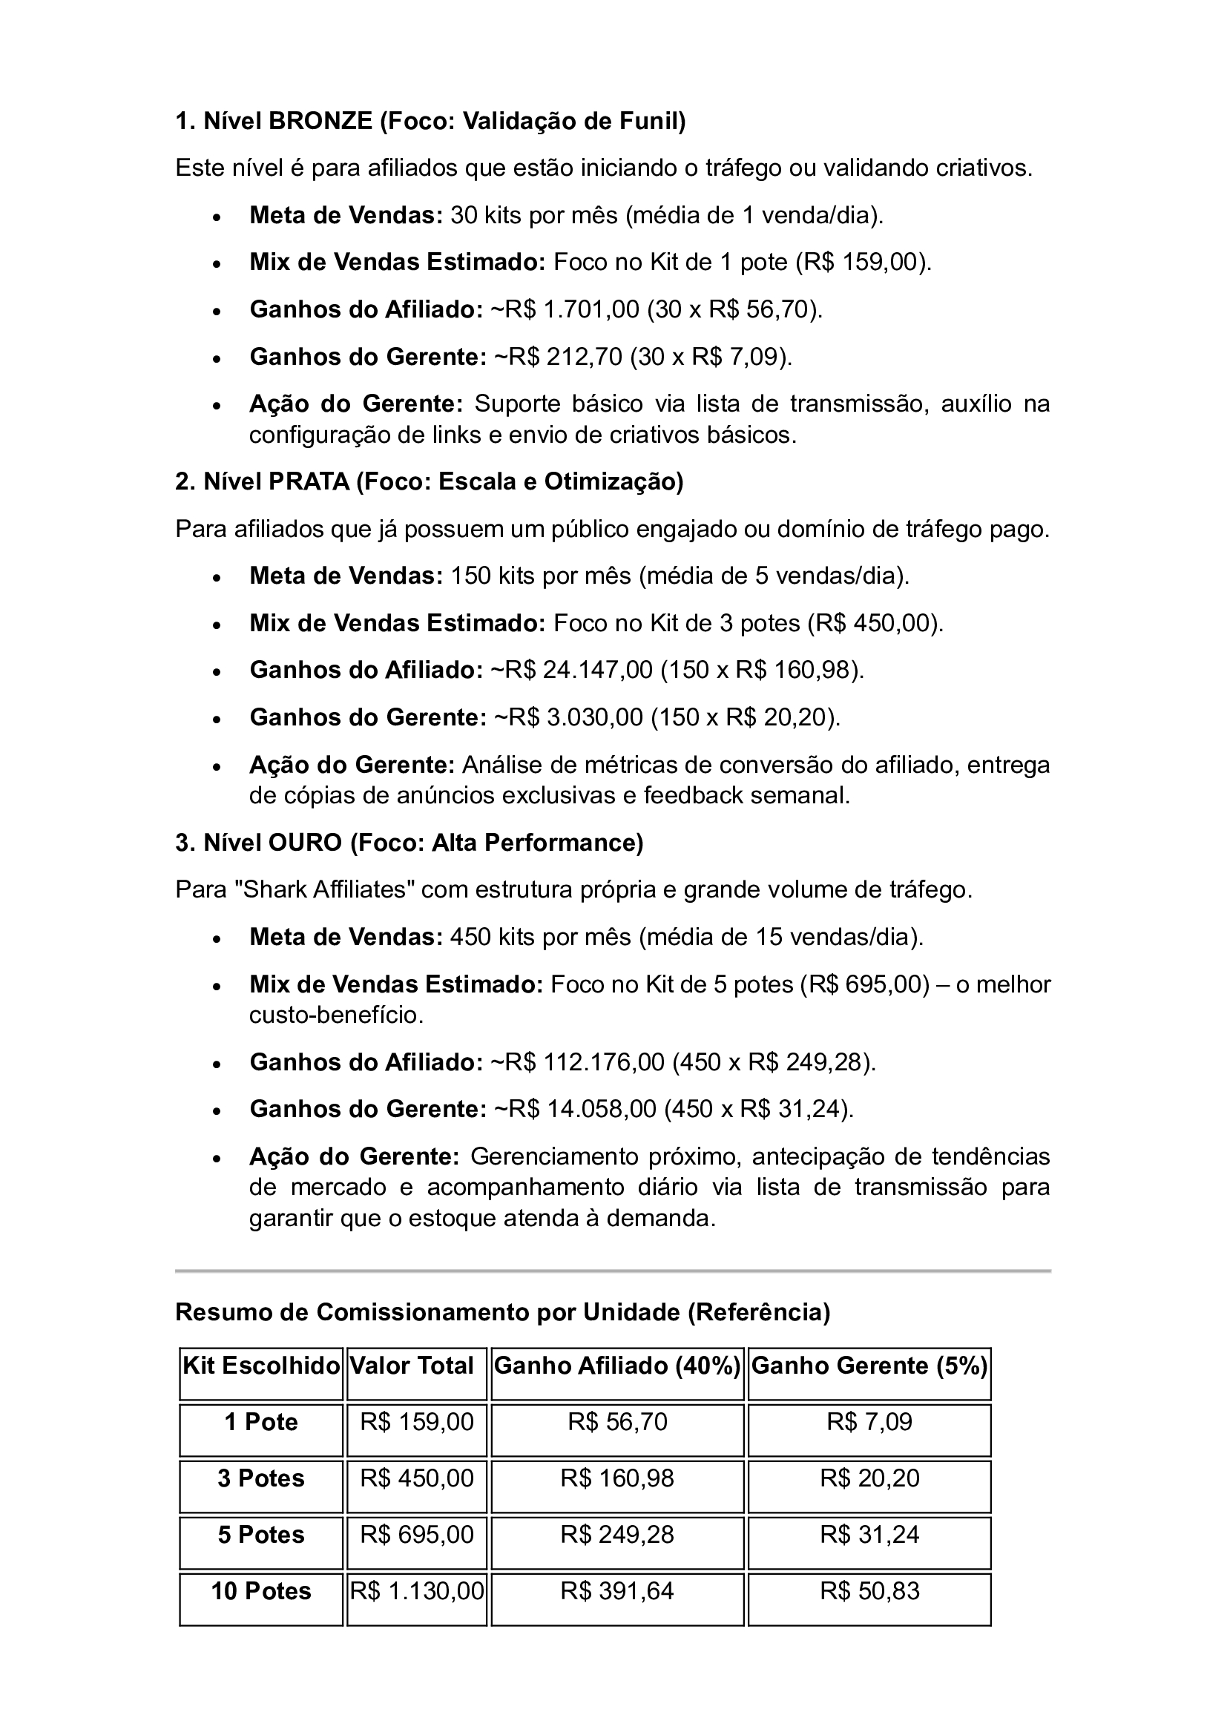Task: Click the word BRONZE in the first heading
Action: tap(320, 121)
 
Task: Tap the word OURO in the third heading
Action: tap(305, 842)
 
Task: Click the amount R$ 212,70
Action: tap(558, 357)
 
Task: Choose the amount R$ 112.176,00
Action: tap(578, 1061)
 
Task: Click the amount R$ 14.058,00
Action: tap(575, 1108)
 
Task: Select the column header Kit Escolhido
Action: tap(261, 1366)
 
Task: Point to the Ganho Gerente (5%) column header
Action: tap(869, 1366)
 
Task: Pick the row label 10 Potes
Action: tap(261, 1590)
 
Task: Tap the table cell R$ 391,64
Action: tap(617, 1590)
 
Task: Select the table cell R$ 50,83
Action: tap(869, 1590)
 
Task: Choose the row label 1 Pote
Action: tap(261, 1421)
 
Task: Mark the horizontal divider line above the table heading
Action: tap(613, 1271)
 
